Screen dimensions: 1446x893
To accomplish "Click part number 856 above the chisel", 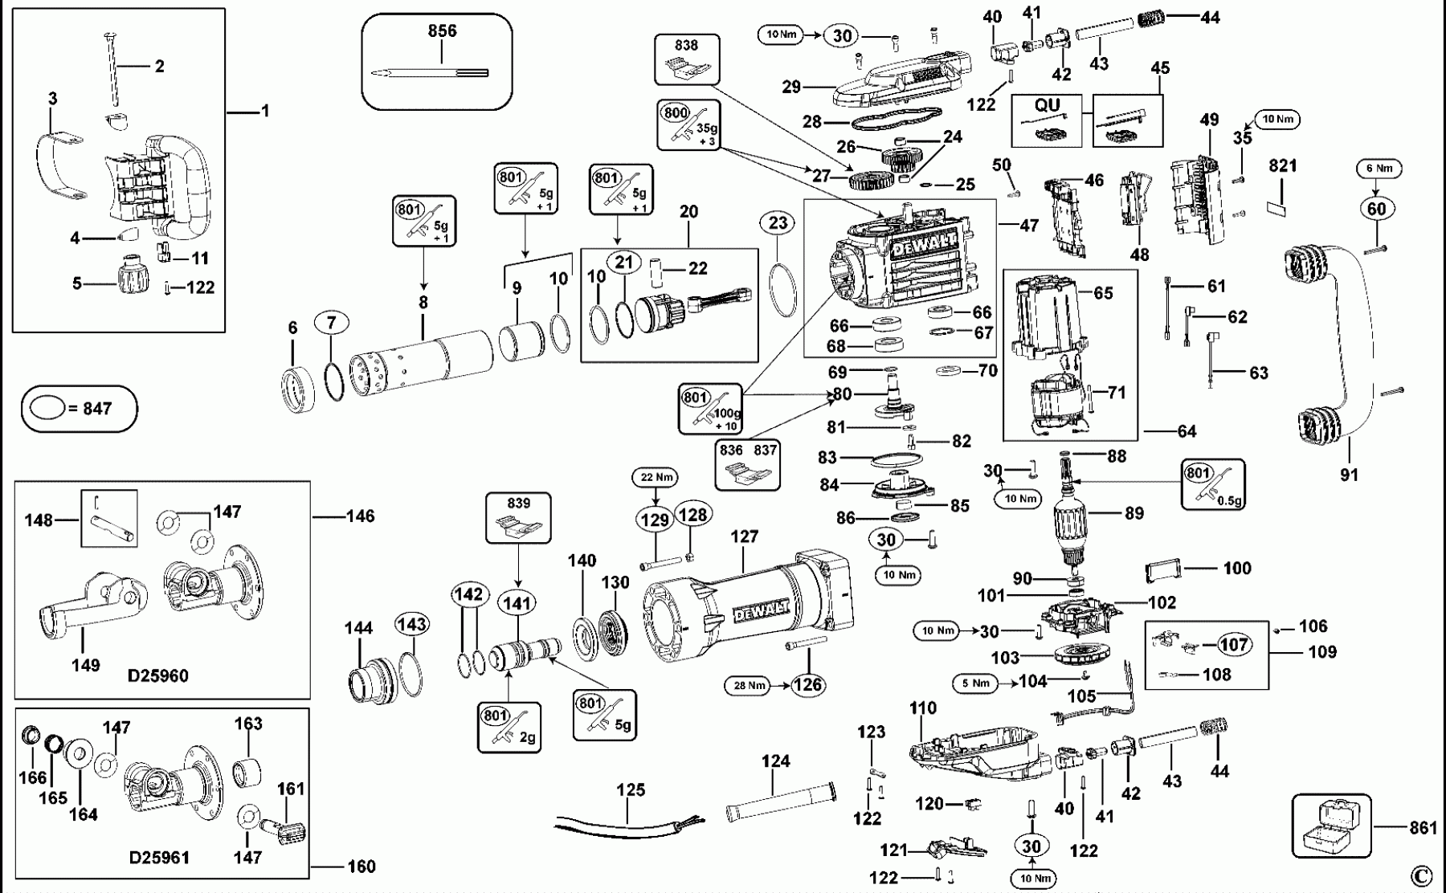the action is [x=443, y=31].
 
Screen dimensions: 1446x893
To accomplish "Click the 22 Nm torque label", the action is [x=657, y=478].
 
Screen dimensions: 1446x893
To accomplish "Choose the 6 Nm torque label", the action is [x=1378, y=169].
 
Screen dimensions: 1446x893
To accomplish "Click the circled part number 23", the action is [x=778, y=222].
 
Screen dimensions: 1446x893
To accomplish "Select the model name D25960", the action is [x=158, y=675].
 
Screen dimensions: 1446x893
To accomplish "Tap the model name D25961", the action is [x=159, y=858].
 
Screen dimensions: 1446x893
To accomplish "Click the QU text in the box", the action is [x=1047, y=105].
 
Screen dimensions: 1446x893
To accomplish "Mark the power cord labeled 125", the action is [x=615, y=823].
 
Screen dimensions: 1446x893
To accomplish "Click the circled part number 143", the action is [x=411, y=625].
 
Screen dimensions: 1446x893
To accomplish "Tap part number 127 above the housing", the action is [x=745, y=536].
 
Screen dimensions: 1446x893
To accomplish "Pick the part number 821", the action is [x=1284, y=165].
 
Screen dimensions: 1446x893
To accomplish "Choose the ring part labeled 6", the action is [x=299, y=389].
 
